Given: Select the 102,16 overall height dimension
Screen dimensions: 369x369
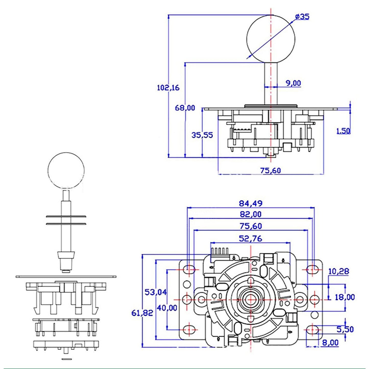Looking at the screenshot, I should click(168, 88).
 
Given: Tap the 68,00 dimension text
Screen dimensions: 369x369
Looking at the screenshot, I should click(185, 108).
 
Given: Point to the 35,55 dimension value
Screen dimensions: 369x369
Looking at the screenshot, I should click(202, 135).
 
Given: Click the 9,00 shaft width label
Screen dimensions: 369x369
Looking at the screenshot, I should click(293, 83).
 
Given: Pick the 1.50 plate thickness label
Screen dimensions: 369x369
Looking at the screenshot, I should click(343, 131).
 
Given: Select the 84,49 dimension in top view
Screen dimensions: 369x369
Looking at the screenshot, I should click(251, 203).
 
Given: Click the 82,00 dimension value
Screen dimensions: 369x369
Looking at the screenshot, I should click(251, 214).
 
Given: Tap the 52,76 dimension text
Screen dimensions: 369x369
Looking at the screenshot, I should click(251, 239).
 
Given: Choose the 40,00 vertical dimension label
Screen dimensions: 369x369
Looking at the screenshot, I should click(167, 308).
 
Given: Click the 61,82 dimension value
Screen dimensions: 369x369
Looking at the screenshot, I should click(142, 313).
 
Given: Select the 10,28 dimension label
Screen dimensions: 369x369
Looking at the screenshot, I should click(338, 271).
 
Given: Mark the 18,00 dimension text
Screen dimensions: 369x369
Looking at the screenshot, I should click(345, 297).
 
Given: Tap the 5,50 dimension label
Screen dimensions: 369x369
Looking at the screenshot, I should click(345, 329).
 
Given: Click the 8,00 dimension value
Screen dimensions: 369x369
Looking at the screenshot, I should click(330, 343).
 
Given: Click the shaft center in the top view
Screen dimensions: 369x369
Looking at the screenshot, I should click(251, 299).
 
